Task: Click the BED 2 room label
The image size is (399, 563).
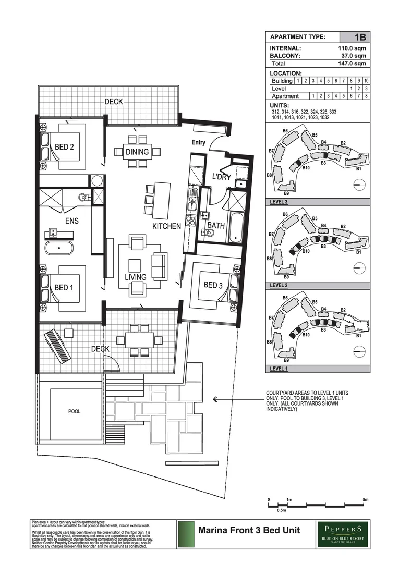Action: (64, 147)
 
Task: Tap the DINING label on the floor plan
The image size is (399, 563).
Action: (137, 152)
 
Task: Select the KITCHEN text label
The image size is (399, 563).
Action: (166, 227)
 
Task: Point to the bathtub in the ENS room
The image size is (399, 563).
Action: (58, 248)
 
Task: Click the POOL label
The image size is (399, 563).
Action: (74, 411)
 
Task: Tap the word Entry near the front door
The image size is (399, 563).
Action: (198, 142)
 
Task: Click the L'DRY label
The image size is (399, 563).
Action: (221, 177)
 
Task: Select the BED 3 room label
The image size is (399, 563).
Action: (213, 285)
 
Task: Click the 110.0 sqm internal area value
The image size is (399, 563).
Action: (352, 48)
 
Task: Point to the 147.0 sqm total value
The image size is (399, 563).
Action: (352, 63)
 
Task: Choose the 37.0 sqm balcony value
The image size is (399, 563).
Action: (353, 55)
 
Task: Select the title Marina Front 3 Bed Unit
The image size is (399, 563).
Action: (249, 531)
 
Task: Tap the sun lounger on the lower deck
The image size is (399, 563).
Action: (57, 347)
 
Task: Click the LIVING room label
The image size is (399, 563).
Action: (135, 277)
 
